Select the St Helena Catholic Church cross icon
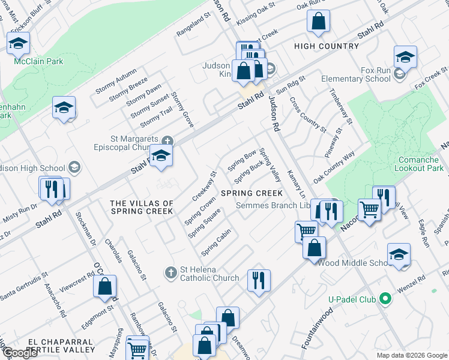tap(170, 273)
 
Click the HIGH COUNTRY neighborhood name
tap(327, 46)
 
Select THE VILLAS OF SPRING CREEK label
tap(142, 208)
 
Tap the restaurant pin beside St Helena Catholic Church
tap(259, 280)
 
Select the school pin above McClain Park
tap(19, 44)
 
